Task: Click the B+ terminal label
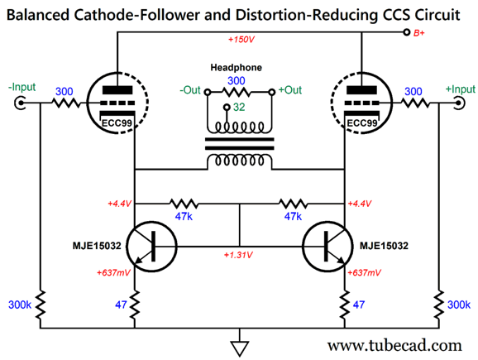tap(418, 33)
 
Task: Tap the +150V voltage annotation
tap(241, 40)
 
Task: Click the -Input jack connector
tap(20, 103)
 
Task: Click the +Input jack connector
tap(460, 103)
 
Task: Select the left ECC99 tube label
tap(117, 123)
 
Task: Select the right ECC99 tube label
tap(362, 123)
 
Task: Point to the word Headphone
tap(236, 67)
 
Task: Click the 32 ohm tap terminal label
tap(239, 107)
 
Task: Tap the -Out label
tap(190, 90)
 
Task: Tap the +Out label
tap(290, 90)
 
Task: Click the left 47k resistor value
tap(184, 216)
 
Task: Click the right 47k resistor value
tap(293, 216)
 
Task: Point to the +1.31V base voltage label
tap(238, 255)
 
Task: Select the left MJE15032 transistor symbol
tap(151, 246)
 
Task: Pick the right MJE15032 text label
tap(384, 246)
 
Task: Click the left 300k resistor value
tap(20, 305)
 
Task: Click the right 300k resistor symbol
tap(439, 305)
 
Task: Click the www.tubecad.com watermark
tap(394, 346)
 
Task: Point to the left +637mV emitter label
tap(113, 272)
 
